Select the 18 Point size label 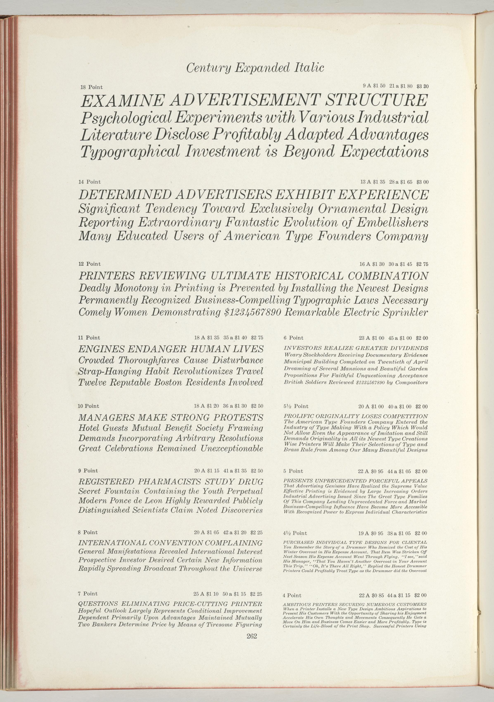pyautogui.click(x=91, y=87)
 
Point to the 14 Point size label pyautogui.click(x=89, y=182)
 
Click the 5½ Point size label pyautogui.click(x=296, y=406)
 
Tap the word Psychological pyautogui.click(x=126, y=119)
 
